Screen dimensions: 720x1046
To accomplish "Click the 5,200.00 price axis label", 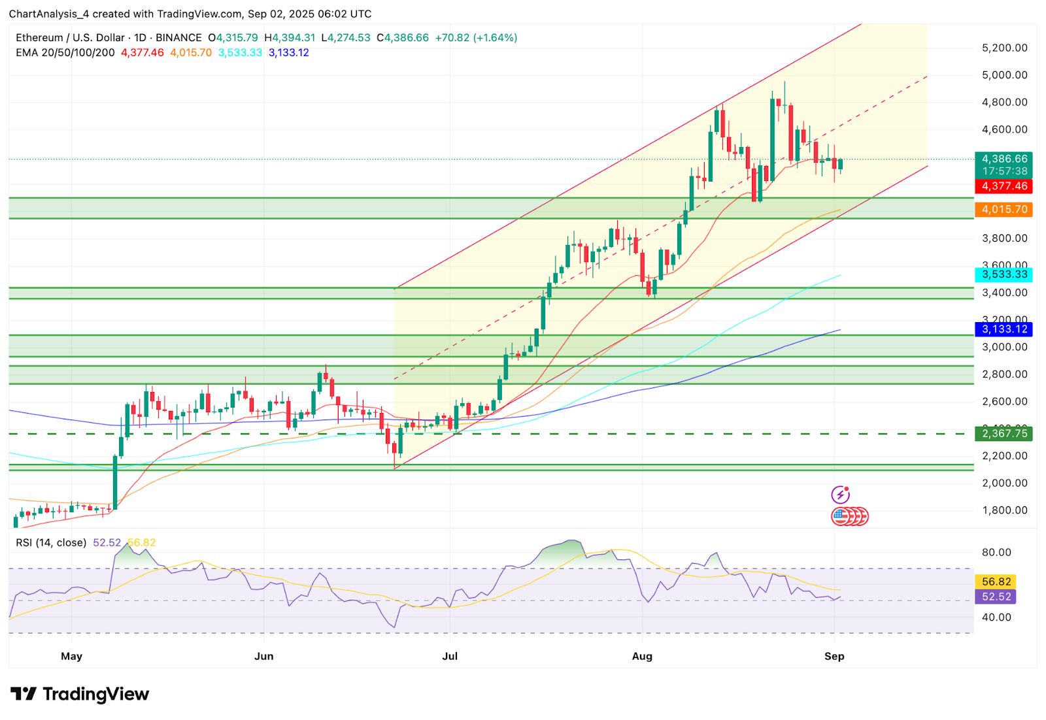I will click(1004, 48).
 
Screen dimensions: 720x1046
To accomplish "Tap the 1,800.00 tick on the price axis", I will click(1004, 510).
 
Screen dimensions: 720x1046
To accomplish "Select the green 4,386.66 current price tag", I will click(1004, 159).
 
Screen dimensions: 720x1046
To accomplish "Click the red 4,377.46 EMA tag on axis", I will click(1004, 186).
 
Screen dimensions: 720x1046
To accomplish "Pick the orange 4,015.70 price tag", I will click(1004, 210).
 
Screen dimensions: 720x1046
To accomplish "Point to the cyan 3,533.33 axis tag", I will click(1004, 274).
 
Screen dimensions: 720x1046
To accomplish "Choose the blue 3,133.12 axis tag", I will click(1004, 329).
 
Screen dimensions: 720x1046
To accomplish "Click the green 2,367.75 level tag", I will click(1004, 433).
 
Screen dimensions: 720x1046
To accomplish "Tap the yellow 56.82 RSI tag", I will click(996, 581).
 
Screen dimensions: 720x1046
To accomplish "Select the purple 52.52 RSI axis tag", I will click(996, 597).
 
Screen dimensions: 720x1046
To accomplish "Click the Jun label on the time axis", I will click(263, 656).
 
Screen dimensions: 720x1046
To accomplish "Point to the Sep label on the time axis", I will click(834, 656).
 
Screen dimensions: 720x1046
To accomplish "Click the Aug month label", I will click(642, 656).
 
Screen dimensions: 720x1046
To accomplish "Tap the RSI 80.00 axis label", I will click(996, 552).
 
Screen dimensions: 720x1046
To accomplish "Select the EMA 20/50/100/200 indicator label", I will click(65, 53).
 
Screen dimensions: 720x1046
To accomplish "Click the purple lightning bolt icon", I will click(840, 495).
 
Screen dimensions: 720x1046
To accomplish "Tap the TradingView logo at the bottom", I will click(80, 694).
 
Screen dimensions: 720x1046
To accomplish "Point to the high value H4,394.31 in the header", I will click(290, 38).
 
